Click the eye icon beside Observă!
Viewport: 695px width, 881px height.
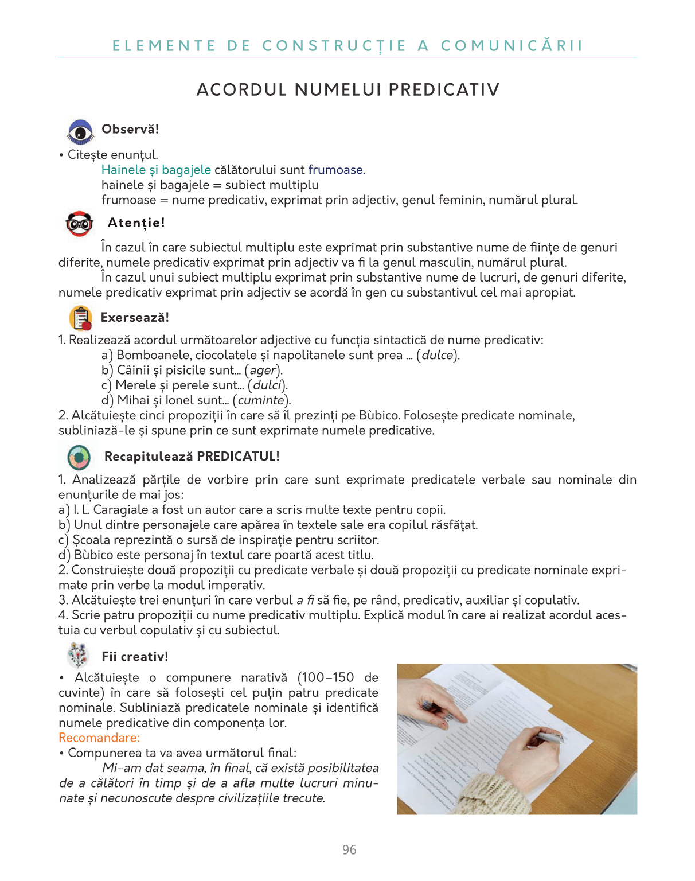point(80,131)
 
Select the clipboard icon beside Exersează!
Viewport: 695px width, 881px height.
point(80,318)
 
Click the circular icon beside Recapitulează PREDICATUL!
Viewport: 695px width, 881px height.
point(79,457)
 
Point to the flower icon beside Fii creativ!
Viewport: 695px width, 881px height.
point(78,655)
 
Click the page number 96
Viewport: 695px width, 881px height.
point(349,850)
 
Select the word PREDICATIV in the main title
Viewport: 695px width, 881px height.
point(444,90)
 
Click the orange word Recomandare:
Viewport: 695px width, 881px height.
point(99,738)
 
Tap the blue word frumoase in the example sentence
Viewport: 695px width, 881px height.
point(335,170)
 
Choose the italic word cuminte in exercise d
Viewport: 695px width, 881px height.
point(261,400)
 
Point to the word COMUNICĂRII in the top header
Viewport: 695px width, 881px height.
point(512,46)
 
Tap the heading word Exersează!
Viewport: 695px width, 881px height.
point(135,318)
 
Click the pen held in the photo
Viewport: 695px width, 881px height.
point(548,736)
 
